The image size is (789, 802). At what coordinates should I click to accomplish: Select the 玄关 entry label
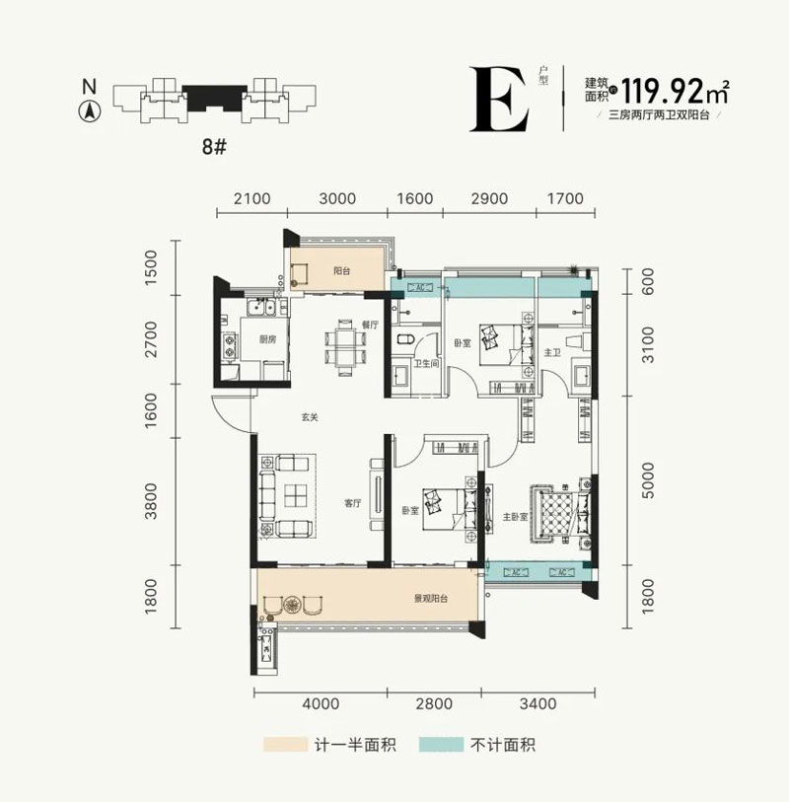tap(310, 417)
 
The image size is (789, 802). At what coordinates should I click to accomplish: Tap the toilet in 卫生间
tap(401, 340)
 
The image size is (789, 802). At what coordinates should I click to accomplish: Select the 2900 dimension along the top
tap(489, 198)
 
